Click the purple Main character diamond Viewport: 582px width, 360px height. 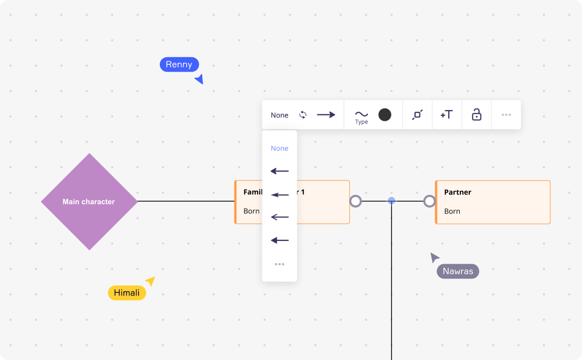coord(89,202)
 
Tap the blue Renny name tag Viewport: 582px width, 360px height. coord(179,65)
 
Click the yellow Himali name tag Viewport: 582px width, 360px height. coord(127,293)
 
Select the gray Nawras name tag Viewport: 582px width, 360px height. coord(458,272)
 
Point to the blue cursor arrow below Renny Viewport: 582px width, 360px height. coord(199,79)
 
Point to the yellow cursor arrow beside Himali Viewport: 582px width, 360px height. coord(151,281)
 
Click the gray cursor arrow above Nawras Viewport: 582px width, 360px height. coord(434,257)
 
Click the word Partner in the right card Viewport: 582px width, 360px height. coord(458,192)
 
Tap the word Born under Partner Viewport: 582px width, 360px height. coord(452,211)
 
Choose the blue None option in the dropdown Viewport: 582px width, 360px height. coord(279,148)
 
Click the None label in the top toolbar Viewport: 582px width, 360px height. coord(279,115)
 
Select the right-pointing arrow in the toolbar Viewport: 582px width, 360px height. coord(326,115)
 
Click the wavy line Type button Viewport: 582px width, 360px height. coord(361,116)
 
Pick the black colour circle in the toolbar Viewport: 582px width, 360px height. coord(385,115)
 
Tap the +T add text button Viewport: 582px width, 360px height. coord(447,115)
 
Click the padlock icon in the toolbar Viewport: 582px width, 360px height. coord(477,115)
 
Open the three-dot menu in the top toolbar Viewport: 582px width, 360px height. coord(506,115)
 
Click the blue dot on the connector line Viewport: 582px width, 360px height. coord(392,201)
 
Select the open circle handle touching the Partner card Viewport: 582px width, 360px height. coord(430,201)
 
